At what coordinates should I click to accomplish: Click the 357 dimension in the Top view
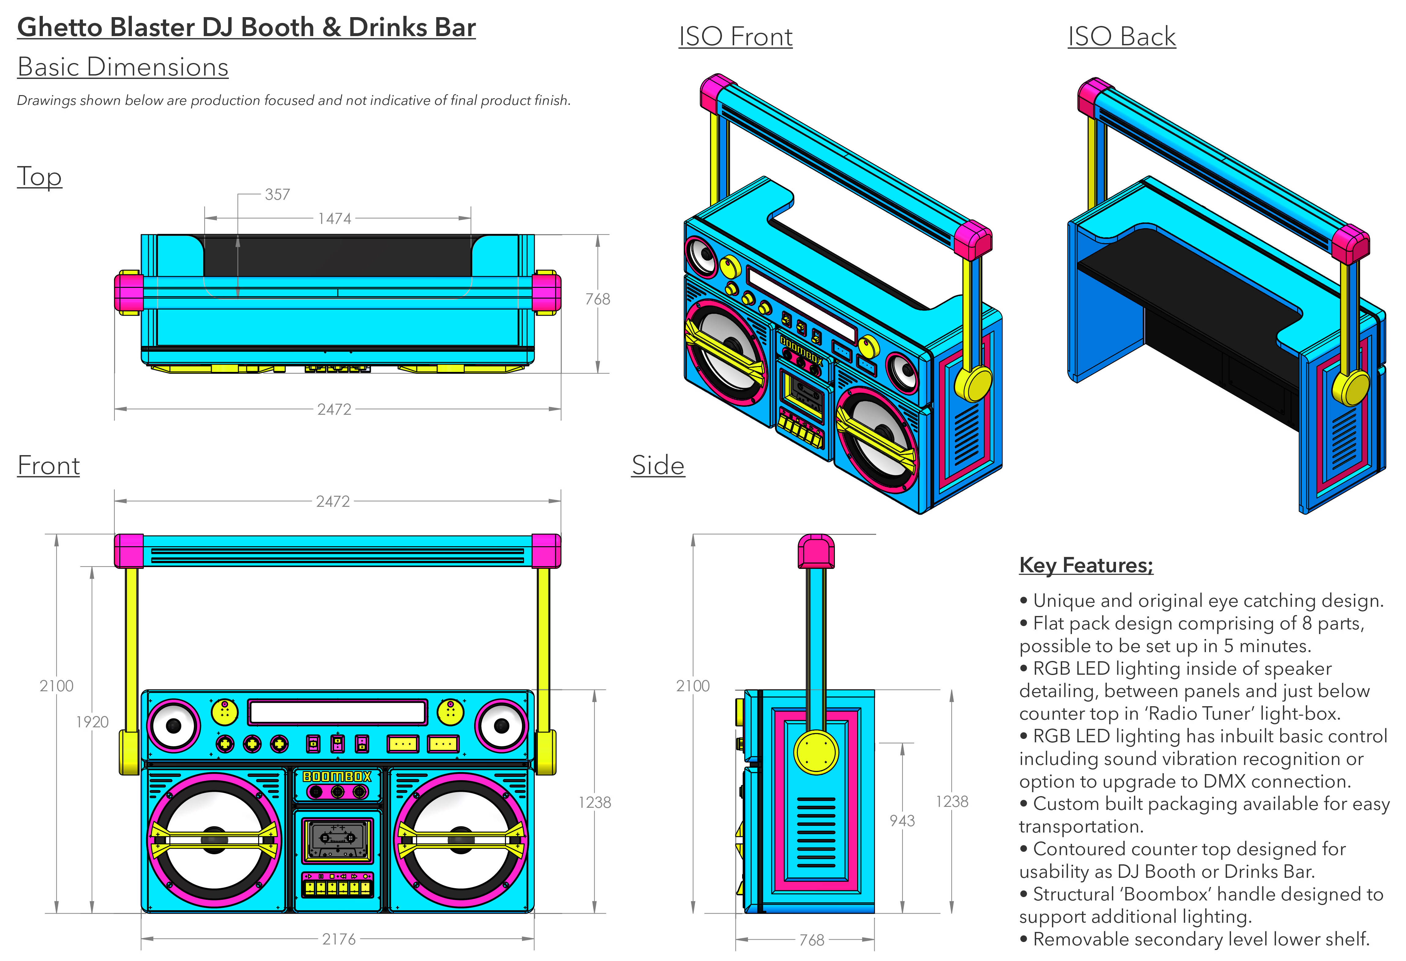(x=277, y=195)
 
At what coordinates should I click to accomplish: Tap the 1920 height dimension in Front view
(x=92, y=722)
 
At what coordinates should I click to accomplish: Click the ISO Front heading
(x=735, y=37)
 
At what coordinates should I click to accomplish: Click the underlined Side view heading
(x=658, y=466)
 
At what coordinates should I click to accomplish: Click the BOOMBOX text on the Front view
(x=337, y=777)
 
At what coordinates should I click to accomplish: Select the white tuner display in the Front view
(x=337, y=712)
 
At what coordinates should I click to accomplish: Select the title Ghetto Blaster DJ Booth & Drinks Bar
(x=246, y=28)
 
